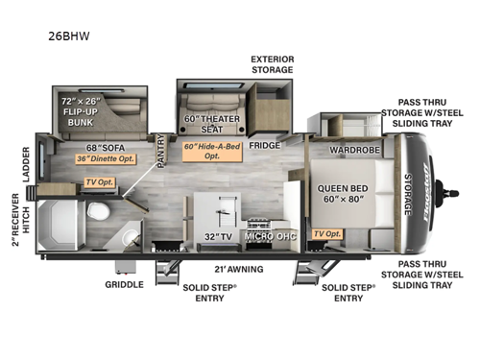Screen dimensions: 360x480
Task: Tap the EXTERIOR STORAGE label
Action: coord(272,64)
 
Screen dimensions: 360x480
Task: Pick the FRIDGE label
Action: coord(264,146)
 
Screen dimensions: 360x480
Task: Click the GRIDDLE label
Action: coord(126,284)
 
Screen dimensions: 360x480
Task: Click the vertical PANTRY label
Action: coord(160,151)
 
